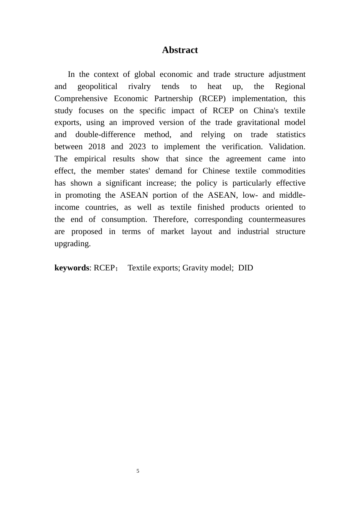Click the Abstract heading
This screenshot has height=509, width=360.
(180, 50)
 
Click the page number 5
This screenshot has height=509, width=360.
(138, 471)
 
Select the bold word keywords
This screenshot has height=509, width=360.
(72, 268)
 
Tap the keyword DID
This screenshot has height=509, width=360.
(246, 268)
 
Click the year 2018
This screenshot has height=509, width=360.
(97, 147)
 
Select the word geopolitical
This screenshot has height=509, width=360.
(97, 86)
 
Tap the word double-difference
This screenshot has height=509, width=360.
(105, 134)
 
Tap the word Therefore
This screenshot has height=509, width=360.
(171, 219)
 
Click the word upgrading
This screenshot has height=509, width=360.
(72, 244)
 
